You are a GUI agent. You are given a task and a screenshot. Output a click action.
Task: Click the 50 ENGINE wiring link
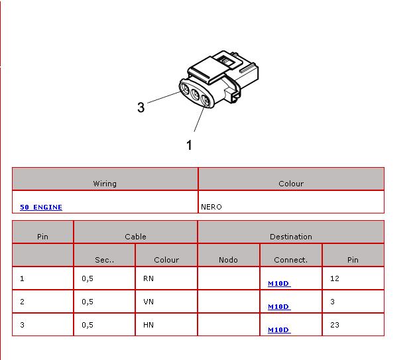pyautogui.click(x=41, y=207)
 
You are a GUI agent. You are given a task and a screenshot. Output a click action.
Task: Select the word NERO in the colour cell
pyautogui.click(x=211, y=207)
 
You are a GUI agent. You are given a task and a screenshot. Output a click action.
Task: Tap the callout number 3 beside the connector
pyautogui.click(x=141, y=107)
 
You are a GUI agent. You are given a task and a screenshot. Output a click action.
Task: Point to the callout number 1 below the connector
pyautogui.click(x=189, y=145)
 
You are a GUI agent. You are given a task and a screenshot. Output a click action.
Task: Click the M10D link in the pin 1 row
pyautogui.click(x=279, y=284)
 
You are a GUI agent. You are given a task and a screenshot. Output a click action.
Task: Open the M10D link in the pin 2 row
pyautogui.click(x=279, y=306)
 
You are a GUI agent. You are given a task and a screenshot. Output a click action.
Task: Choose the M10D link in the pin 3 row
pyautogui.click(x=279, y=330)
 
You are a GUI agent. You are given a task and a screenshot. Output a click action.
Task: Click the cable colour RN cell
pyautogui.click(x=149, y=278)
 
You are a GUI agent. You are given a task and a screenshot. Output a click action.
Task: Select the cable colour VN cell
pyautogui.click(x=149, y=302)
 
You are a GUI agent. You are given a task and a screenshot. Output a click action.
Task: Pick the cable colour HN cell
pyautogui.click(x=149, y=325)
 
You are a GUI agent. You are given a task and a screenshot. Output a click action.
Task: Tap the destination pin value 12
pyautogui.click(x=335, y=278)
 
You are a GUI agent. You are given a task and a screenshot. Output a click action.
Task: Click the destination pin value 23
pyautogui.click(x=335, y=325)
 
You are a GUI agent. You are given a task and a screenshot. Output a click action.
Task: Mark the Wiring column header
pyautogui.click(x=105, y=184)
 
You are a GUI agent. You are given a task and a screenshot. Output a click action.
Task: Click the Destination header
pyautogui.click(x=291, y=237)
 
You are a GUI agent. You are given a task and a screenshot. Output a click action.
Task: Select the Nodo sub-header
pyautogui.click(x=228, y=260)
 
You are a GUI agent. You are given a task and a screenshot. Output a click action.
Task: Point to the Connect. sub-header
pyautogui.click(x=290, y=260)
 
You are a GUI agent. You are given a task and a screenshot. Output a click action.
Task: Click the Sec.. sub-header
pyautogui.click(x=105, y=260)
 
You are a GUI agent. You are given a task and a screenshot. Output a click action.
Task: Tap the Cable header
pyautogui.click(x=135, y=237)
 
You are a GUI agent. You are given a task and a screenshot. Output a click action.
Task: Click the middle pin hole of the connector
pyautogui.click(x=195, y=94)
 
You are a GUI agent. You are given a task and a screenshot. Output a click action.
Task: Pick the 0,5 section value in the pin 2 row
pyautogui.click(x=88, y=302)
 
